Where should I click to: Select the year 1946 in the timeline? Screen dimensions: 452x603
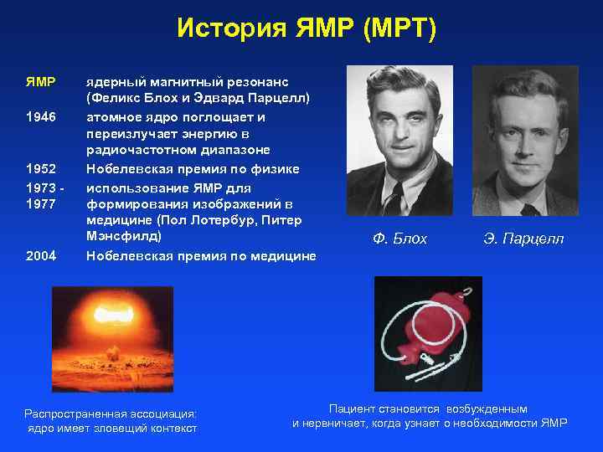(x=40, y=116)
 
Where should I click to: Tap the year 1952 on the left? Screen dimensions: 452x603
(x=40, y=168)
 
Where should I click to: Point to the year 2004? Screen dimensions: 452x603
(x=40, y=255)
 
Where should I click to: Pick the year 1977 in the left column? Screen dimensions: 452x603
(x=40, y=203)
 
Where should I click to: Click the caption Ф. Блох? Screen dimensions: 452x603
(x=399, y=239)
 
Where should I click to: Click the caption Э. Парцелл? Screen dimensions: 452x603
(x=523, y=239)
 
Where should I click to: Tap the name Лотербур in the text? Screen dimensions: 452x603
(x=220, y=220)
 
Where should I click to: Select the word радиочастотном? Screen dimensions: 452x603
(x=139, y=151)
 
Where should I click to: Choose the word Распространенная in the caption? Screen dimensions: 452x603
(x=75, y=413)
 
